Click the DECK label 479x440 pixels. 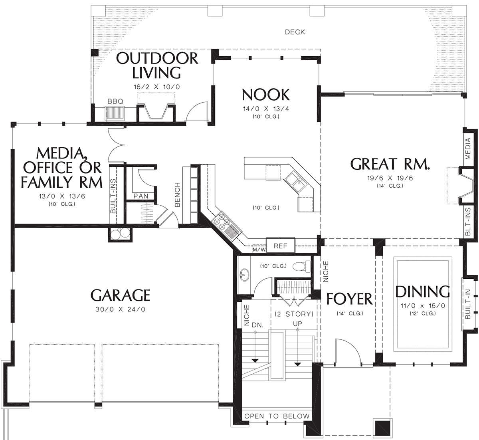pos(295,32)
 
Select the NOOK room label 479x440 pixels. pos(266,95)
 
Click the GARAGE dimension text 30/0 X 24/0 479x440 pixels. pos(120,309)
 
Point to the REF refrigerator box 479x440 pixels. pos(281,245)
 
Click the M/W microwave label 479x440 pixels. pos(259,250)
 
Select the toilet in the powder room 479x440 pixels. pos(302,267)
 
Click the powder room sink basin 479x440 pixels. pos(244,275)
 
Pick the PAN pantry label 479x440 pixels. pos(141,196)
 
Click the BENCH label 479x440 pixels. pos(177,195)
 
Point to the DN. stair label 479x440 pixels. pos(257,325)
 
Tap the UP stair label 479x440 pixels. pos(297,324)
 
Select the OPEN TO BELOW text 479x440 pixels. pos(277,416)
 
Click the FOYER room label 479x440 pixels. pos(349,299)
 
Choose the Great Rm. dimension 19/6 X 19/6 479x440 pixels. pos(390,178)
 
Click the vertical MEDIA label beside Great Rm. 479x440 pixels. pos(468,149)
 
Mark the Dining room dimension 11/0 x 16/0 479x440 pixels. pos(423,306)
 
